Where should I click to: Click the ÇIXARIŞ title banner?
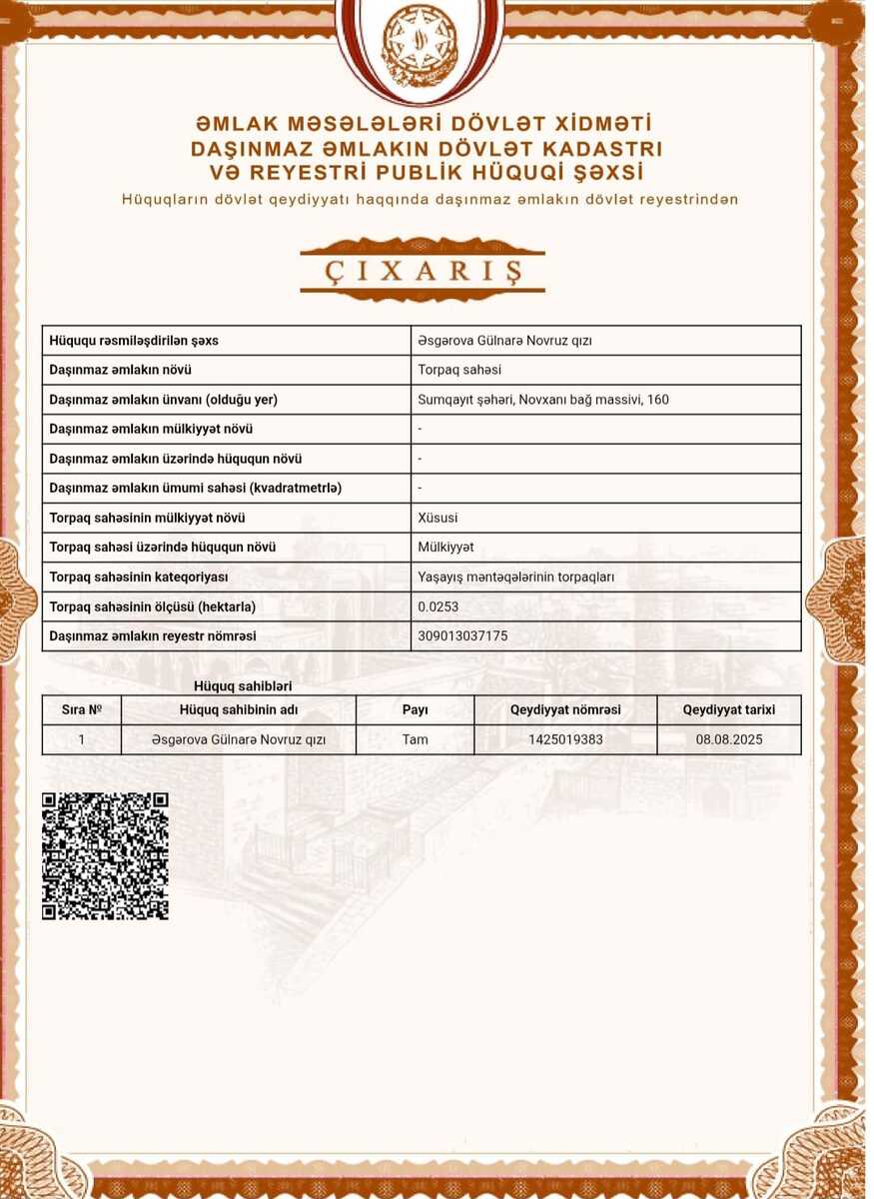click(x=423, y=270)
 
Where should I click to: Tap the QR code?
click(x=105, y=855)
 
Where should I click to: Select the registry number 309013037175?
click(x=462, y=636)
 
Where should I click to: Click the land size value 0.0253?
click(x=437, y=606)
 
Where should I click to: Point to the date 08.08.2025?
click(x=728, y=740)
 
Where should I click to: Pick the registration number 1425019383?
click(x=565, y=740)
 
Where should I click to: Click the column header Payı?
click(x=415, y=710)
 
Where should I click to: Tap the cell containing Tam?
click(x=415, y=740)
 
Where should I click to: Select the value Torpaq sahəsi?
click(x=459, y=370)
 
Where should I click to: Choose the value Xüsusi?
click(x=437, y=518)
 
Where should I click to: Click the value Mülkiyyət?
click(x=445, y=548)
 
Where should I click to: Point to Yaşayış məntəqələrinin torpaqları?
click(x=515, y=578)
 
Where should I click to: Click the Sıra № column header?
click(x=82, y=710)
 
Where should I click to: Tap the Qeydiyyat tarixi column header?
click(x=728, y=710)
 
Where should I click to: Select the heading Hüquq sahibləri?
click(x=243, y=686)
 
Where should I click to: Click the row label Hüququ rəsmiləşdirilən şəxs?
click(x=134, y=341)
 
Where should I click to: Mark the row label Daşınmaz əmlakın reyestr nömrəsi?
click(x=153, y=636)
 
